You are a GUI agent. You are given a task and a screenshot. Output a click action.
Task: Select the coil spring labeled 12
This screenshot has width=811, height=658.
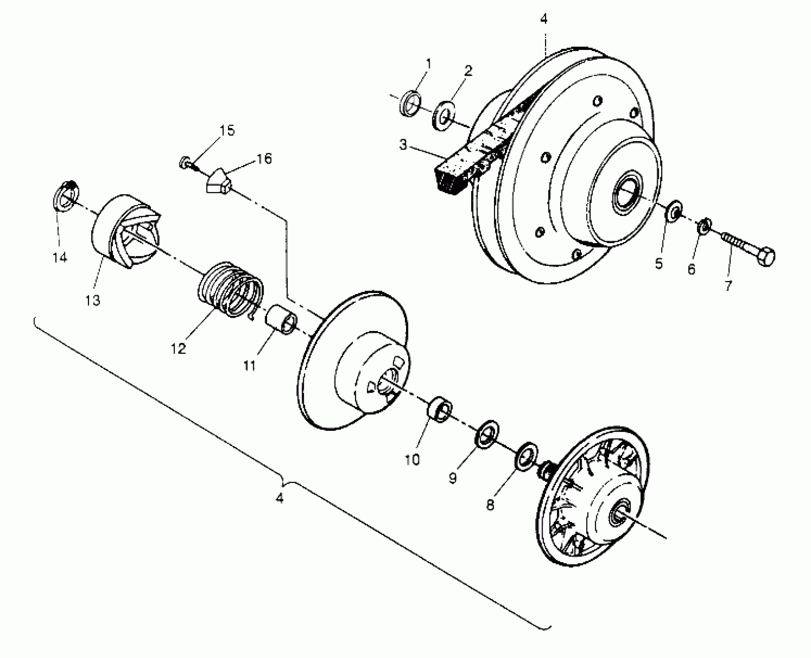(230, 290)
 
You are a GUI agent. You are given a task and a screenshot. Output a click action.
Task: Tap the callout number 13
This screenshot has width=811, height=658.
(93, 300)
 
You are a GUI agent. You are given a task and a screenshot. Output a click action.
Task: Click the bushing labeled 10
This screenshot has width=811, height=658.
(439, 410)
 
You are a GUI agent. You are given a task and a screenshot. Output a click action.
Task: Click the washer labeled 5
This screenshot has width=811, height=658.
(674, 211)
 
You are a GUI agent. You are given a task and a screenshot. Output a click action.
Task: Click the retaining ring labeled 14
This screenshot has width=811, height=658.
(65, 196)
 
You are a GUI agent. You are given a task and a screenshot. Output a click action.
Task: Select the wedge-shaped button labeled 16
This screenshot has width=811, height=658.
(219, 181)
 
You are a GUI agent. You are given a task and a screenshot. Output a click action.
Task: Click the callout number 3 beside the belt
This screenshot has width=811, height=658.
(403, 145)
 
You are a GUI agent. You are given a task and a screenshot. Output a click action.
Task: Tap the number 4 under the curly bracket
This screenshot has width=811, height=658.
(279, 498)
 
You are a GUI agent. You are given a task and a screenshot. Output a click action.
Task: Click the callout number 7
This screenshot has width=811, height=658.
(728, 286)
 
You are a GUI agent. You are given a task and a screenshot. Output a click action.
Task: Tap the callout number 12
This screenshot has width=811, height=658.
(178, 348)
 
